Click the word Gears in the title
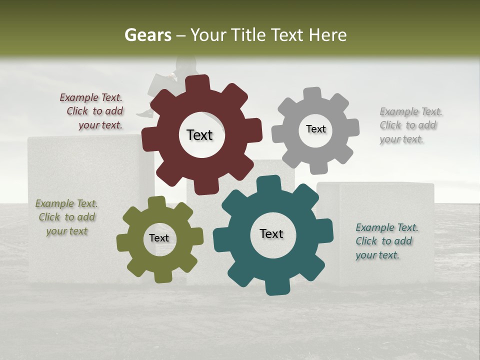coord(148,35)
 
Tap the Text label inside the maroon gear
coord(199,135)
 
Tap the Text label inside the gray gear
coord(315,129)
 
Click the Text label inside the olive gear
coord(159,238)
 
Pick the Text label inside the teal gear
coord(271,233)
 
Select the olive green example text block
coord(66,217)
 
